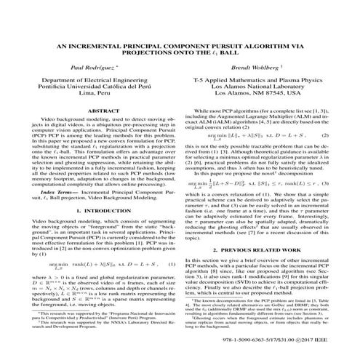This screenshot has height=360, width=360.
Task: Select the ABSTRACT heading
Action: [x=97, y=111]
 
